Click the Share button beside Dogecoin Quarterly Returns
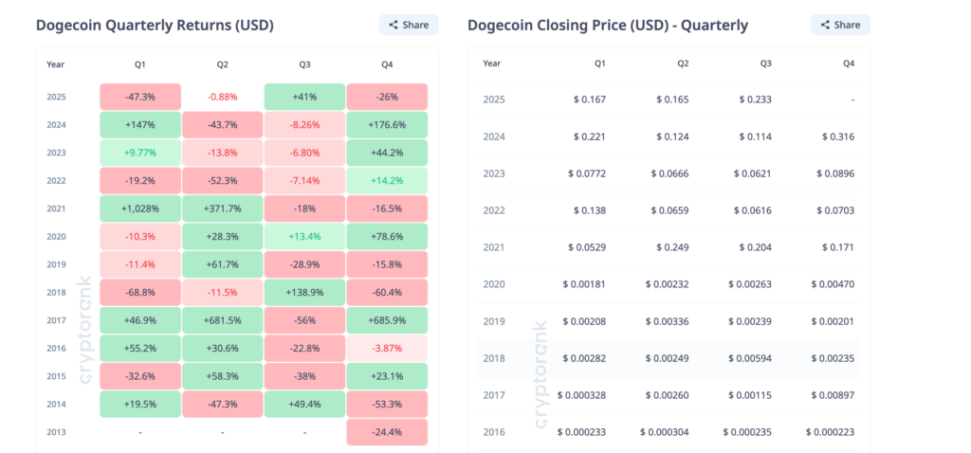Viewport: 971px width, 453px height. tap(409, 25)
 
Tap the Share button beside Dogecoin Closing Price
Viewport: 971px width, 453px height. tap(840, 25)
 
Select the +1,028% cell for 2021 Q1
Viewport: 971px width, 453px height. tap(140, 207)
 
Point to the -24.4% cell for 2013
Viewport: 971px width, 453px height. tap(387, 432)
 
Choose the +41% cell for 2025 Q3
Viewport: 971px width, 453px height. tap(304, 97)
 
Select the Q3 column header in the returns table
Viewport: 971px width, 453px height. tap(304, 64)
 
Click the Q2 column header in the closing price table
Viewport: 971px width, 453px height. tap(683, 63)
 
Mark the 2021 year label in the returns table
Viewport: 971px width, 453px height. tap(57, 207)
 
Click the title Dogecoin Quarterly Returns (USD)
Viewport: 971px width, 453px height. tap(155, 26)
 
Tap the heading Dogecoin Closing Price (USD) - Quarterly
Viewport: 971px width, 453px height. tap(608, 26)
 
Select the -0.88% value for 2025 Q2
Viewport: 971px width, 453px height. tap(223, 97)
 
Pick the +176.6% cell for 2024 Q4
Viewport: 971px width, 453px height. tap(387, 124)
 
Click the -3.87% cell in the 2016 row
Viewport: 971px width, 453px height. tap(387, 349)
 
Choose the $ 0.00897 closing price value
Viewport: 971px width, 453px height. tap(834, 395)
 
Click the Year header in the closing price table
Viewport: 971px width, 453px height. tap(492, 63)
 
